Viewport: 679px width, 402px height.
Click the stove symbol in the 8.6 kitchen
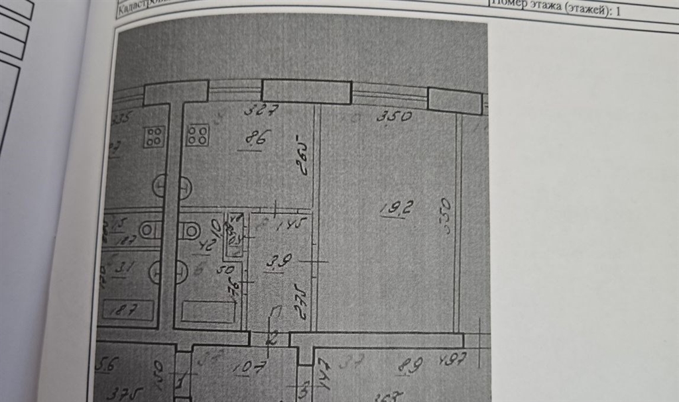[198, 135]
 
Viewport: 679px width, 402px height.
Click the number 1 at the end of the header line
[619, 11]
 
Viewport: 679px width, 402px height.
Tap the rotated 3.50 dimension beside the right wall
[447, 215]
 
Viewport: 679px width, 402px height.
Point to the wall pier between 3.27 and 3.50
[306, 91]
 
